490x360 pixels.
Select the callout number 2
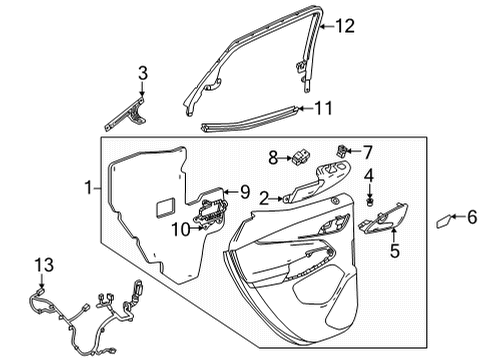(x=264, y=199)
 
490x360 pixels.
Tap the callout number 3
(x=142, y=72)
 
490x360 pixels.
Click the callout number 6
(x=473, y=215)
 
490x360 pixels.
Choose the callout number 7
(x=366, y=152)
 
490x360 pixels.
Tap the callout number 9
(x=243, y=190)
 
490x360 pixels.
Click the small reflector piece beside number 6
(x=444, y=221)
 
